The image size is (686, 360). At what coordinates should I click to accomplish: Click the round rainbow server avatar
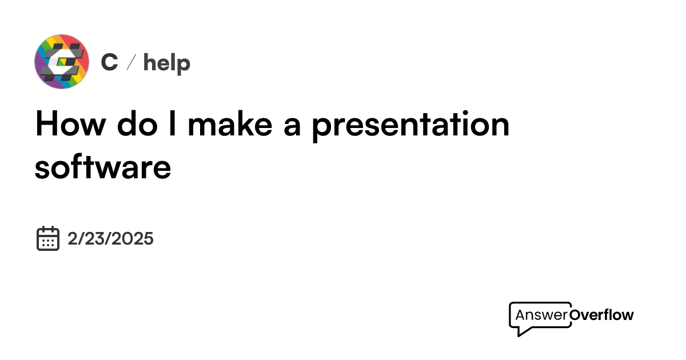point(62,62)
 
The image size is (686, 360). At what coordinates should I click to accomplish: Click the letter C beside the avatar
point(109,62)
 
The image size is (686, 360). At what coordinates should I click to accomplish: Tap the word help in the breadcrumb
point(166,62)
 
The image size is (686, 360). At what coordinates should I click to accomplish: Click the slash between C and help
point(130,62)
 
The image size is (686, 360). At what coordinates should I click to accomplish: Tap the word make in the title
point(229,124)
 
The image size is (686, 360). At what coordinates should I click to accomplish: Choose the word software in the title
point(103,167)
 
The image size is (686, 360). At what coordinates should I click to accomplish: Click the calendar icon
point(48,238)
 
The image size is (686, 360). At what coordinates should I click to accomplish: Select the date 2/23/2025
point(110,238)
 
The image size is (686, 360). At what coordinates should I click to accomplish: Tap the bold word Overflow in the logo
point(602,315)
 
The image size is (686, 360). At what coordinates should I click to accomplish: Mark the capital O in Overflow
point(576,315)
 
